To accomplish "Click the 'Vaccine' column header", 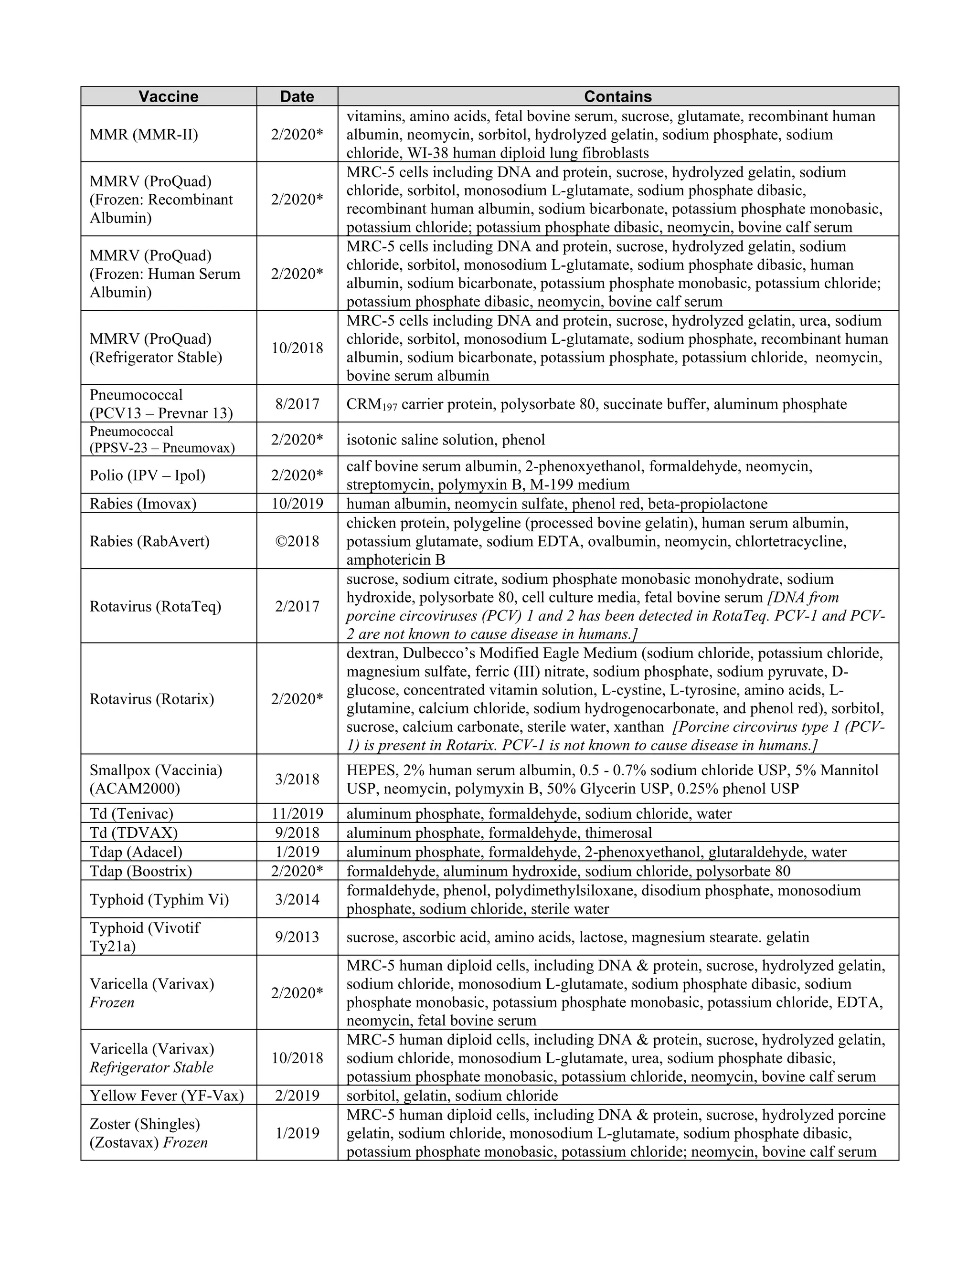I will point(168,96).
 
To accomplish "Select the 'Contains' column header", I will point(617,96).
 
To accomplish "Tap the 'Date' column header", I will point(297,96).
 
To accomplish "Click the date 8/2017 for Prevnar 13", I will point(297,404).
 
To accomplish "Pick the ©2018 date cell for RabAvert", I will point(297,541).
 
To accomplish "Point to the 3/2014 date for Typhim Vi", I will point(297,899).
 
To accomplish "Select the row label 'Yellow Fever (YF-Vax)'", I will point(167,1095).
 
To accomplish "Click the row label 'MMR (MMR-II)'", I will point(144,135).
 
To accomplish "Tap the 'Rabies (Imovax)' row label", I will point(143,503).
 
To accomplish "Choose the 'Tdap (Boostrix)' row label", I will point(141,871).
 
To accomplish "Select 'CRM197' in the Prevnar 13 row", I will point(372,404).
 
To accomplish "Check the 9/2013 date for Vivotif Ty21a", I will point(297,937).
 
